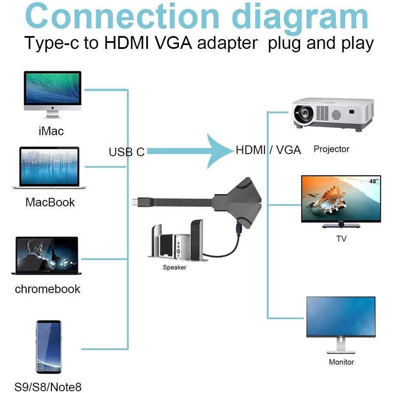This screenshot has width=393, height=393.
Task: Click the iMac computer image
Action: click(52, 94)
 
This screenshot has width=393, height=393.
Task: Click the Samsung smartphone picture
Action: click(48, 347)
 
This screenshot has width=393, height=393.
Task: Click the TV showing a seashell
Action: click(341, 200)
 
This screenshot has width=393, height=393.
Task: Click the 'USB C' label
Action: click(127, 152)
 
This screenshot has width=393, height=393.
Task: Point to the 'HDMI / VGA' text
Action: click(268, 150)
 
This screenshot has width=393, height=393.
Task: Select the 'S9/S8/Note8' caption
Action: click(48, 387)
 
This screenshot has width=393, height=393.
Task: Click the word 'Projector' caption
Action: click(331, 149)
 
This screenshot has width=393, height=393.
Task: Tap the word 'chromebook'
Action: click(48, 289)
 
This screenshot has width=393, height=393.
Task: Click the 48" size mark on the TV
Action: click(374, 181)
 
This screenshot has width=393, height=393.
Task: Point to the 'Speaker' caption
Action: click(175, 267)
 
